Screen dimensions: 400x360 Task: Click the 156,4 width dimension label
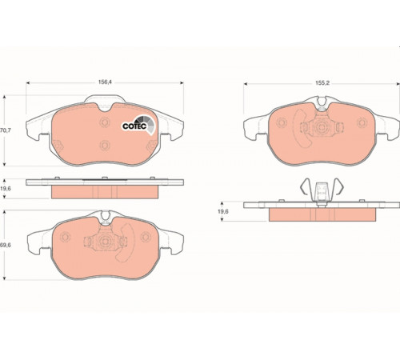click(x=105, y=82)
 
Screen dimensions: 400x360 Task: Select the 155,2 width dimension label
click(x=322, y=83)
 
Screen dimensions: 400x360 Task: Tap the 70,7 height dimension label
click(x=6, y=130)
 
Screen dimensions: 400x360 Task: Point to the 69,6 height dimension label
click(x=6, y=245)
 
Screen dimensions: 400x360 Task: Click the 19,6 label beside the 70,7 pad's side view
click(x=6, y=189)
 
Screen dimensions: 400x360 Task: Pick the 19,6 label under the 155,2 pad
click(x=223, y=211)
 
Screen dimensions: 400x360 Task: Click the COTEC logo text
click(x=134, y=126)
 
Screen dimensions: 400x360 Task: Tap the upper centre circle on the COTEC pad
click(x=105, y=122)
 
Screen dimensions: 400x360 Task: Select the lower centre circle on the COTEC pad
click(x=105, y=146)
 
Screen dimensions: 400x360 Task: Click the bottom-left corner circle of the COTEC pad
click(x=58, y=146)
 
